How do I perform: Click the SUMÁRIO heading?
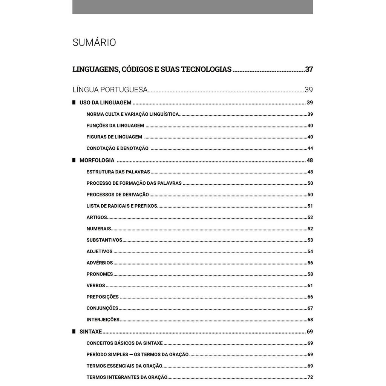pyautogui.click(x=94, y=43)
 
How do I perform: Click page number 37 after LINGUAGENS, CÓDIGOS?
pyautogui.click(x=309, y=69)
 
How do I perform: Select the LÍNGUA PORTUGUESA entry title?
pyautogui.click(x=110, y=90)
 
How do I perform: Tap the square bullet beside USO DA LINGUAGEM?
pyautogui.click(x=74, y=102)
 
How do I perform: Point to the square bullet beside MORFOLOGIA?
pyautogui.click(x=74, y=160)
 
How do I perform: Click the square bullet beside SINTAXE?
pyautogui.click(x=74, y=331)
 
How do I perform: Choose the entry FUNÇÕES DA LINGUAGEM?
pyautogui.click(x=115, y=126)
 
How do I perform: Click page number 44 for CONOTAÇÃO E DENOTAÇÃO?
pyautogui.click(x=310, y=149)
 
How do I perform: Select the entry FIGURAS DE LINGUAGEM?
pyautogui.click(x=114, y=137)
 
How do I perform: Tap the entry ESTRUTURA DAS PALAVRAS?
pyautogui.click(x=118, y=172)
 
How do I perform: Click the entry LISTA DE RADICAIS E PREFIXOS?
pyautogui.click(x=122, y=206)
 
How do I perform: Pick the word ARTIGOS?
pyautogui.click(x=97, y=218)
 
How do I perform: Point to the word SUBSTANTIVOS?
pyautogui.click(x=104, y=240)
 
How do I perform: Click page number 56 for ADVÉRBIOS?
pyautogui.click(x=310, y=263)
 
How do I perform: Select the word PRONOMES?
pyautogui.click(x=100, y=274)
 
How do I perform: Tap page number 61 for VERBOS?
pyautogui.click(x=310, y=285)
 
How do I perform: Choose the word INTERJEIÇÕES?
pyautogui.click(x=103, y=320)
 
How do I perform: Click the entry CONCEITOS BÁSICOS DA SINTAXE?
pyautogui.click(x=125, y=343)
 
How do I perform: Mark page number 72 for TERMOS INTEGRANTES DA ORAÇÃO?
pyautogui.click(x=310, y=377)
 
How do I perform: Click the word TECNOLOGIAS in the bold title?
pyautogui.click(x=206, y=69)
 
